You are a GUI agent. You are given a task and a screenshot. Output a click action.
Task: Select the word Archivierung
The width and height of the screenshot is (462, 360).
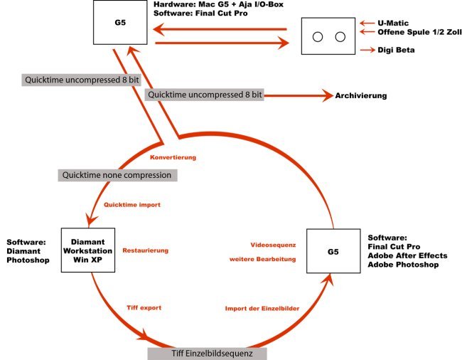tap(361, 95)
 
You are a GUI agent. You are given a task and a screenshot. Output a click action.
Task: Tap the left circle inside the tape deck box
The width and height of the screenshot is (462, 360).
tap(318, 37)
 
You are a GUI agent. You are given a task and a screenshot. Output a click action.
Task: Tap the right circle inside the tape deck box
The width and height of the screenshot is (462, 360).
tap(340, 37)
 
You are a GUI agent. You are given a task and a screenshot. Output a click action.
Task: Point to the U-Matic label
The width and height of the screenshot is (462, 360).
tap(393, 23)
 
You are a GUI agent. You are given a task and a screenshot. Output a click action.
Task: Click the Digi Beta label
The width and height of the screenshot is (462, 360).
tap(396, 50)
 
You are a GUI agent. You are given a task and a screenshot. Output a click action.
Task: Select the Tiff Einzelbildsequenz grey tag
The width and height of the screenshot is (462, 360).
tap(207, 354)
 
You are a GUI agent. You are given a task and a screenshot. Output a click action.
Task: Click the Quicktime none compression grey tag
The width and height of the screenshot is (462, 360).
tap(117, 175)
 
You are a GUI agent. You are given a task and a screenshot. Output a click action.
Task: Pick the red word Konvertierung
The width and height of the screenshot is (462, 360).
tap(173, 157)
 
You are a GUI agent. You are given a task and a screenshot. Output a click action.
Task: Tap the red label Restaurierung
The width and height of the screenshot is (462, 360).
tap(146, 250)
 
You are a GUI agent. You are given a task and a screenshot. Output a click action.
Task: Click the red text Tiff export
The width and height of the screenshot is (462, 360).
tap(144, 307)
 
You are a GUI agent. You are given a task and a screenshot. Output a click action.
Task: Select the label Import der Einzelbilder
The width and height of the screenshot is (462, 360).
tap(262, 308)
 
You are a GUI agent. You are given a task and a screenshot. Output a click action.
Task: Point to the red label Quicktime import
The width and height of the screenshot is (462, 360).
tap(132, 205)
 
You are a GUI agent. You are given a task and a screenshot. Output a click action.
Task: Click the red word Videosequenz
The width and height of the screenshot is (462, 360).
tap(273, 245)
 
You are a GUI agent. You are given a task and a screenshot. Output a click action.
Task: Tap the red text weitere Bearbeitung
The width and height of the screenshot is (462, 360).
tap(262, 259)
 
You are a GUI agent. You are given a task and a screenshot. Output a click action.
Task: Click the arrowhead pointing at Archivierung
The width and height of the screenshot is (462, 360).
tap(328, 95)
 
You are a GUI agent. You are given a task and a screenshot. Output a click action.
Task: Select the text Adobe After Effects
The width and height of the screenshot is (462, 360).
tap(407, 255)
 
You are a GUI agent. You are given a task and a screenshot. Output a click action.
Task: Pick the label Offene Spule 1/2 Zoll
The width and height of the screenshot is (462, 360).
tap(419, 32)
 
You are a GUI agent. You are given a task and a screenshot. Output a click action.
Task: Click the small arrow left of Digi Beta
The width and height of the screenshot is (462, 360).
tap(367, 50)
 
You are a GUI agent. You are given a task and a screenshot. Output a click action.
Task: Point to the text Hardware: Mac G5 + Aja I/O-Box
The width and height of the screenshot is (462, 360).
tap(218, 4)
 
